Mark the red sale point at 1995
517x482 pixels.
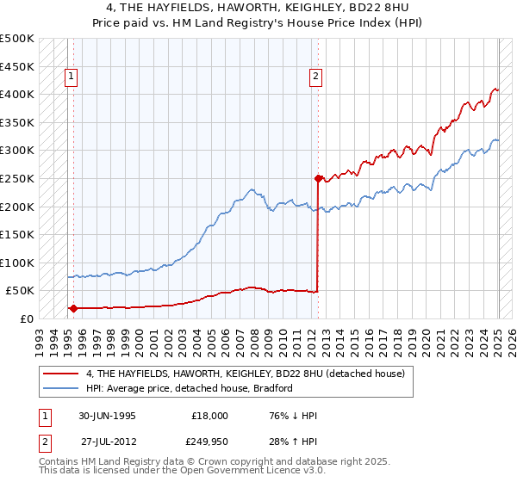pos(73,307)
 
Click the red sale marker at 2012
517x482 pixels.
pos(318,179)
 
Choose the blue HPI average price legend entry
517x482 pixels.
pos(190,388)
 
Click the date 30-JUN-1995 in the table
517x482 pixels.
pos(108,416)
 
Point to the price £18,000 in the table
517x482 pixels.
pos(209,416)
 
